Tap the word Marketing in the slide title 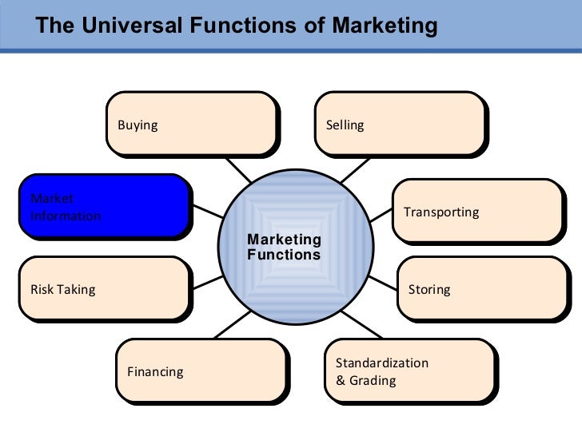(385, 26)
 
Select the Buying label (138, 125)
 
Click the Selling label (345, 125)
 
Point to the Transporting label (441, 212)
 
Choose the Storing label (429, 289)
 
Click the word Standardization (382, 363)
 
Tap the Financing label (155, 371)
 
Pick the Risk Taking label (62, 289)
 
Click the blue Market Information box (104, 206)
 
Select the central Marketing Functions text (284, 248)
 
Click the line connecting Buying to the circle (237, 169)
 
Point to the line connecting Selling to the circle (354, 169)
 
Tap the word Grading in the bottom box (372, 380)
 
